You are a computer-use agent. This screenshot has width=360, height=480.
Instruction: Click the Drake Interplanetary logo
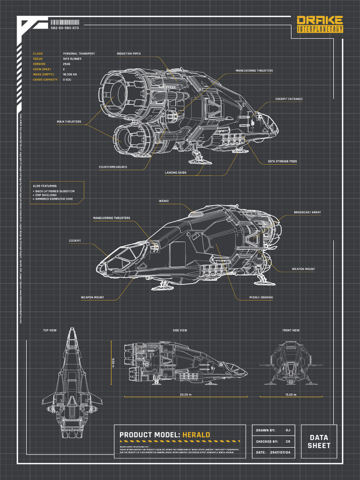tap(320, 24)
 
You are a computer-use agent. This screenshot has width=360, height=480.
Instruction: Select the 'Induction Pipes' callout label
tap(128, 54)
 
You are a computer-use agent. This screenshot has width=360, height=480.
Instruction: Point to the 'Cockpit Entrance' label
tap(289, 99)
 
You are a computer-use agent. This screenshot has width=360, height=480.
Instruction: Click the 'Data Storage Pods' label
tap(282, 161)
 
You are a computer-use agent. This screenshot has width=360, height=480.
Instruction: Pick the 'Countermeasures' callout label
tap(112, 167)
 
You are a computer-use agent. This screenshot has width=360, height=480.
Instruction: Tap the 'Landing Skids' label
tap(176, 172)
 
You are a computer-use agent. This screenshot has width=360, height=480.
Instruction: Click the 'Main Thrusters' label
tap(69, 122)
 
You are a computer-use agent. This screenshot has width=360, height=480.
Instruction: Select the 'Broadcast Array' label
tap(307, 212)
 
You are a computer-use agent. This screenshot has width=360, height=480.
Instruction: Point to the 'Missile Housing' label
tap(261, 297)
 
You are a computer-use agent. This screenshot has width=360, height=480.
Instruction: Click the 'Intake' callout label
tap(164, 201)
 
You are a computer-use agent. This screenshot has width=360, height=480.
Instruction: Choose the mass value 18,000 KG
tap(70, 75)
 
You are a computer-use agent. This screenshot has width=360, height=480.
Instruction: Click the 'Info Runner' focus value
tap(72, 59)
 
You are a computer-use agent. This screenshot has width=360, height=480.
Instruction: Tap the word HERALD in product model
tap(196, 435)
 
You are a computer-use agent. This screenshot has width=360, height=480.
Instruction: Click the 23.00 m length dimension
tap(186, 395)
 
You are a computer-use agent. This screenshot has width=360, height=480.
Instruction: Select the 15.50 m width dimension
tap(291, 395)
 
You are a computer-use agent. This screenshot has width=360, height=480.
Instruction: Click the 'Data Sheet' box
tap(319, 442)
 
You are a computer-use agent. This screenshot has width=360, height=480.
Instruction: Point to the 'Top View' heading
tap(50, 330)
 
